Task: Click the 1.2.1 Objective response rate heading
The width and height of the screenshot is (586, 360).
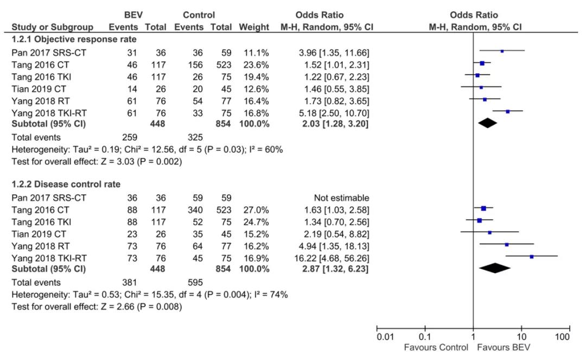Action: pyautogui.click(x=74, y=39)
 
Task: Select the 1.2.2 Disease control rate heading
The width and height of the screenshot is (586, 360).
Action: pyautogui.click(x=66, y=184)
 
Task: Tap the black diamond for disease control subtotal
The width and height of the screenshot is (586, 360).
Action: pyautogui.click(x=494, y=268)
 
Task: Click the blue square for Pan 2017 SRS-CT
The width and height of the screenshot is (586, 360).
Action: pyautogui.click(x=502, y=51)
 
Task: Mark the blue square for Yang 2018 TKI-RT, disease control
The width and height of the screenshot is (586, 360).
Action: pyautogui.click(x=531, y=256)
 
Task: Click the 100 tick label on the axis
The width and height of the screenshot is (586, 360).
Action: pyautogui.click(x=563, y=337)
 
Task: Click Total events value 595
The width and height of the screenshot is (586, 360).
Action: pyautogui.click(x=194, y=282)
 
